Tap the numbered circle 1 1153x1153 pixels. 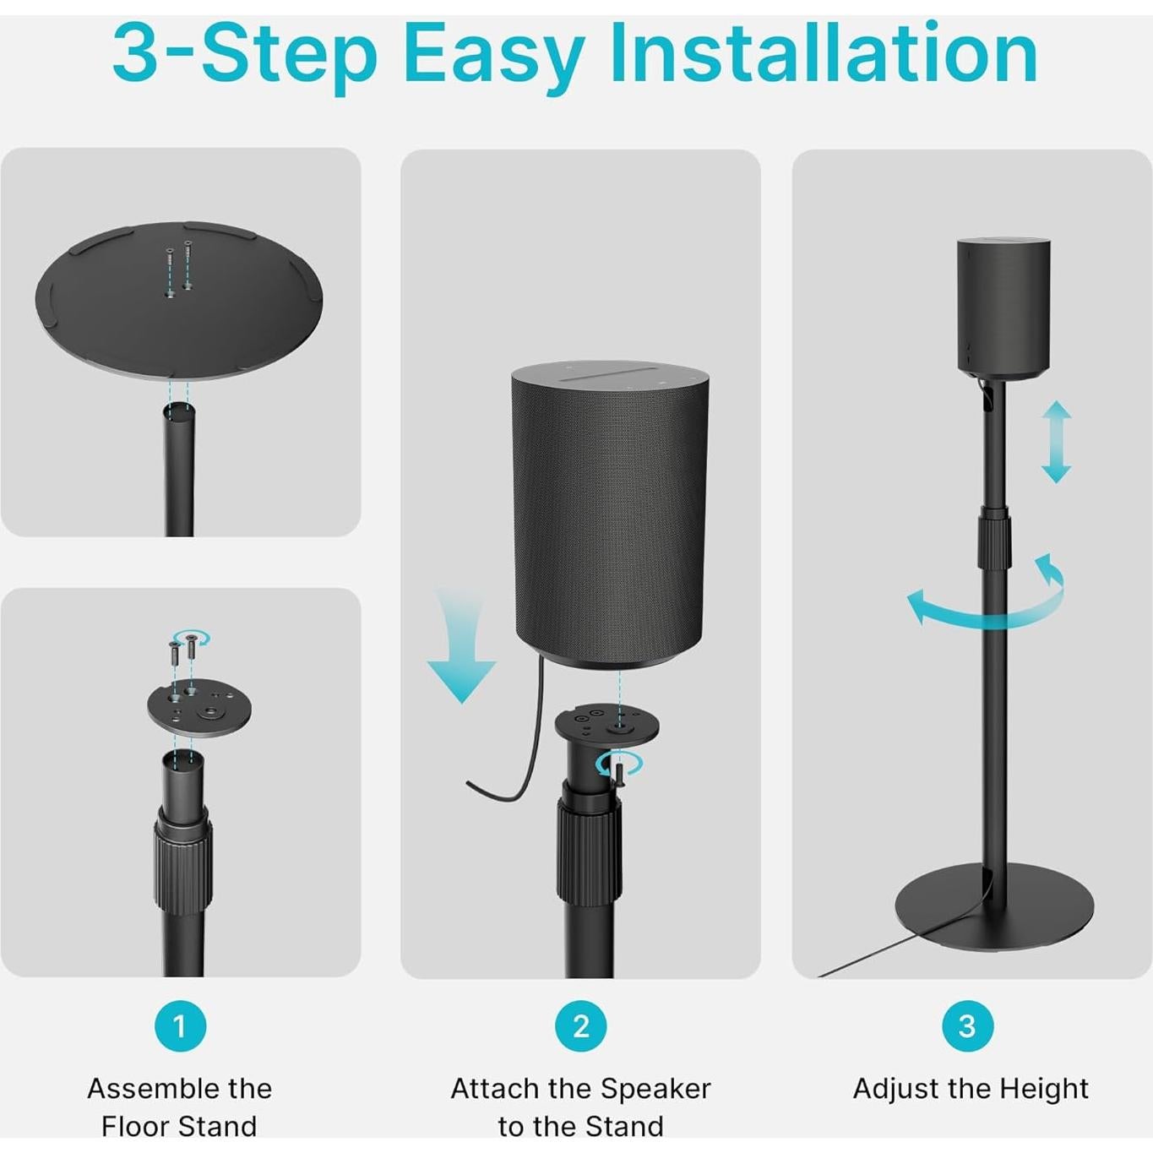click(x=180, y=1025)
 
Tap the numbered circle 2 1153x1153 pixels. click(x=580, y=1025)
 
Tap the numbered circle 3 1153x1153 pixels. click(x=967, y=1025)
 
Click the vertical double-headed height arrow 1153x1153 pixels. click(x=1056, y=442)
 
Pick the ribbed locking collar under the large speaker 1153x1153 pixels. click(x=589, y=853)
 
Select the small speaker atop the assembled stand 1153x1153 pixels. click(x=1003, y=306)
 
